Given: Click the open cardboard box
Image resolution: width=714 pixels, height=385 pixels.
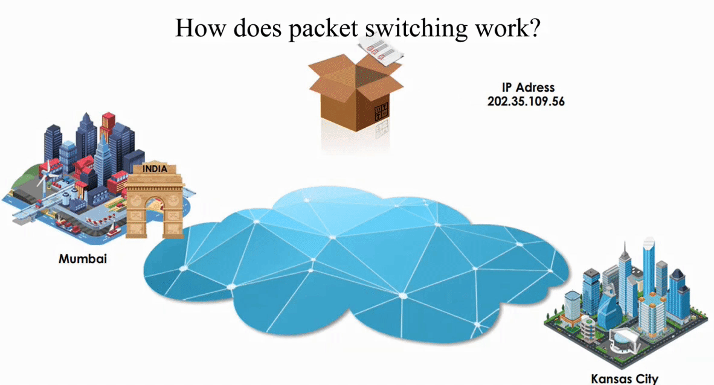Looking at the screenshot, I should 354,94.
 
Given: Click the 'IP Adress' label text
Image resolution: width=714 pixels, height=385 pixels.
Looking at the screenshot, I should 528,88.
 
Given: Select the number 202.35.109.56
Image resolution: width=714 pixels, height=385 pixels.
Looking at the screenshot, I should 526,101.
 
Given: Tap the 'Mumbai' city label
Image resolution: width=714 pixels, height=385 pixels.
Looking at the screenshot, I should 83,259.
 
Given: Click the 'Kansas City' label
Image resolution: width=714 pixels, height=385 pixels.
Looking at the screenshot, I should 624,379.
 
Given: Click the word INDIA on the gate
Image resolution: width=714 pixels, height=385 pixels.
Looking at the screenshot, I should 155,169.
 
